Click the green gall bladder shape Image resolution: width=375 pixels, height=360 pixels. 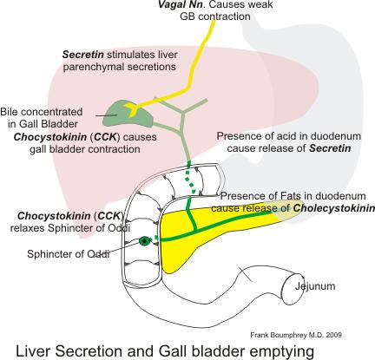click(x=128, y=115)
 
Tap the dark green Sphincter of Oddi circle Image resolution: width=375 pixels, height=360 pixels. click(x=145, y=240)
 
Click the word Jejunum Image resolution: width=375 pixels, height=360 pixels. click(x=315, y=286)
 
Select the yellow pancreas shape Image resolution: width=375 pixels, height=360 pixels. click(x=202, y=232)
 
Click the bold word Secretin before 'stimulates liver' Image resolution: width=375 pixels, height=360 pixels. click(x=83, y=55)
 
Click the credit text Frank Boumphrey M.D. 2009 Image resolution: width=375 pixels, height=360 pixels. click(x=296, y=335)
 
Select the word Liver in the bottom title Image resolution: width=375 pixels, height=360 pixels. click(x=32, y=351)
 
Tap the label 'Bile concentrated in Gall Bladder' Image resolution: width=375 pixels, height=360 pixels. click(x=42, y=118)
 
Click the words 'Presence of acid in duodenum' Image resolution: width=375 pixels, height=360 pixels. click(x=289, y=136)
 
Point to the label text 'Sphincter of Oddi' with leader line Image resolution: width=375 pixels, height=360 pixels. click(x=69, y=254)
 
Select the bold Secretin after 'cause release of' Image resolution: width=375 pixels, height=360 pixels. click(x=330, y=148)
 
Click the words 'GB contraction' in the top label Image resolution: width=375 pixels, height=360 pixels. click(x=215, y=16)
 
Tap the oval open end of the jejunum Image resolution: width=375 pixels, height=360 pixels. click(x=293, y=290)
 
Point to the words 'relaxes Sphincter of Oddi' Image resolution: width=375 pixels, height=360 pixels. click(x=70, y=228)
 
